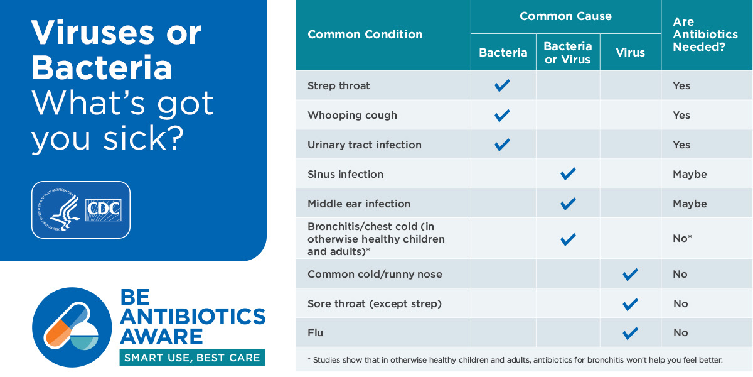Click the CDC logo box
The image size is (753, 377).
tap(103, 210)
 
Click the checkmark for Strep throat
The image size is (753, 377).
tap(502, 85)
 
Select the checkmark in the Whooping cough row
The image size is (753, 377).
tap(502, 116)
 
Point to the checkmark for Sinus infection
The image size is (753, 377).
tap(568, 174)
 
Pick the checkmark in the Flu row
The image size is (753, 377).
tap(630, 333)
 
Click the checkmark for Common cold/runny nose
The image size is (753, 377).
tap(630, 275)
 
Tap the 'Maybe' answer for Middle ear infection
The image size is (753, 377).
tap(690, 204)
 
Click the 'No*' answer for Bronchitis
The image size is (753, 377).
tap(682, 238)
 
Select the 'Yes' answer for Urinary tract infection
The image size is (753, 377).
tap(681, 145)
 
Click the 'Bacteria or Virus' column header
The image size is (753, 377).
tap(568, 53)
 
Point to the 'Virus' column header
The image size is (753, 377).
tap(630, 53)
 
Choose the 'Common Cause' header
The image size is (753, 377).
tap(566, 16)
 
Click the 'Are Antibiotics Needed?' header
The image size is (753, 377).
tap(705, 35)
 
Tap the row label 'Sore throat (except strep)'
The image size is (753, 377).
tap(375, 303)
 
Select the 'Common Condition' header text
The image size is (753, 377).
tap(365, 35)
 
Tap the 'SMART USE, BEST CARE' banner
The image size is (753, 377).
tap(192, 358)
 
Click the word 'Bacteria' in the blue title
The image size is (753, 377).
tap(102, 68)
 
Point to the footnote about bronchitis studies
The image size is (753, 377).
tap(515, 360)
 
